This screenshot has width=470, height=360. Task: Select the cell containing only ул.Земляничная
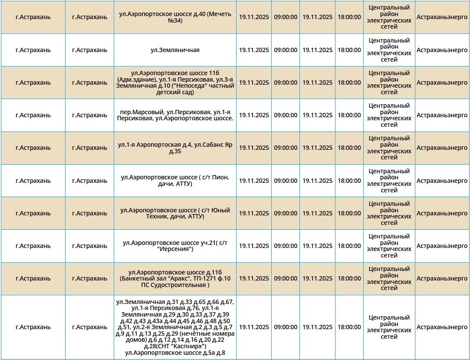[175, 50]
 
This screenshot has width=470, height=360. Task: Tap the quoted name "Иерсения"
[175, 249]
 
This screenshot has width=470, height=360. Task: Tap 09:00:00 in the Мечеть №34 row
[286, 17]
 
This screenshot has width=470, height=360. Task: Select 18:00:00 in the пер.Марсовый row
[349, 115]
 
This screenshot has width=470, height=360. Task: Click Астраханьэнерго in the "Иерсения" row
[442, 246]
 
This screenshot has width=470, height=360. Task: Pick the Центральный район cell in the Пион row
[389, 181]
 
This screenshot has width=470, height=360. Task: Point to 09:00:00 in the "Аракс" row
[286, 278]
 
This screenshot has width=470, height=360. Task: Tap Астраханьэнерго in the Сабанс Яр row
[442, 148]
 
